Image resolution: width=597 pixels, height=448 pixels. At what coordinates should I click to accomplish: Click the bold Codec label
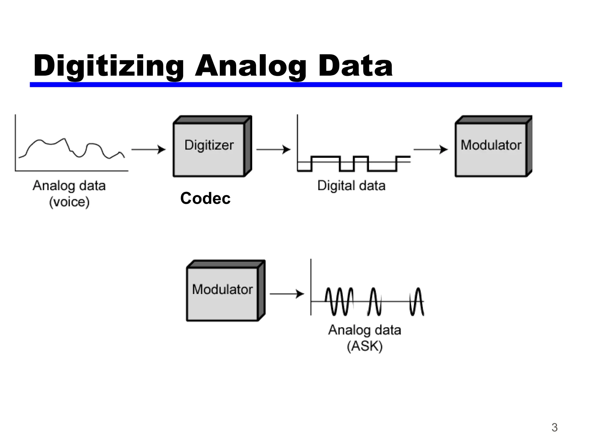205,198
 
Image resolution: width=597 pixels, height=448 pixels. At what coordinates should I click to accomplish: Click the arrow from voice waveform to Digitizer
148,149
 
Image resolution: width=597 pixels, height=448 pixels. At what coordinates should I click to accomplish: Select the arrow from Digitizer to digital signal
273,149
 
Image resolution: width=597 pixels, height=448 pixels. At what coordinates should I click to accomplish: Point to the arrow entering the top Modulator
431,149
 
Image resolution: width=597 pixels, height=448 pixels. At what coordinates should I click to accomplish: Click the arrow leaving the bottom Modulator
287,294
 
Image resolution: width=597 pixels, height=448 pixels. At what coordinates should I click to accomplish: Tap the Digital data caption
351,185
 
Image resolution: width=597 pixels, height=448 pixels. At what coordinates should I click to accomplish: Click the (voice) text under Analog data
69,202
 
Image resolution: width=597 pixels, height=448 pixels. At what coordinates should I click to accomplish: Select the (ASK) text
365,346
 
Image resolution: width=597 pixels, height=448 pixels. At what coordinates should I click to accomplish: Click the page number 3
554,428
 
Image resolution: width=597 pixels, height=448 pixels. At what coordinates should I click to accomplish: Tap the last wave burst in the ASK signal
417,301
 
